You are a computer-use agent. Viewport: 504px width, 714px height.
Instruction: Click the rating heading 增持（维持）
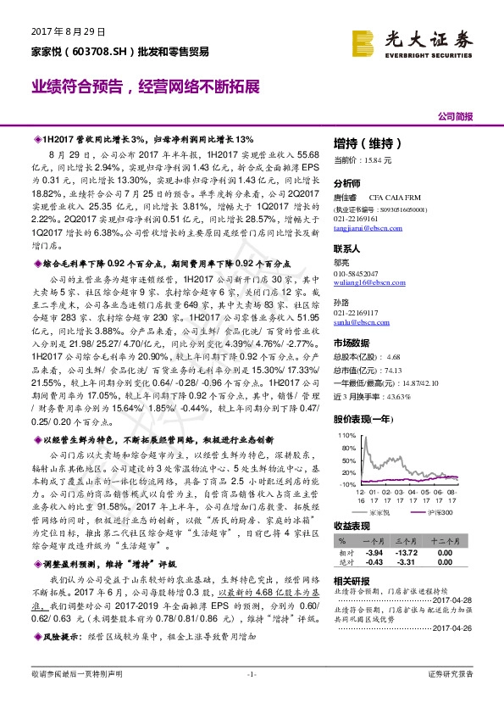(x=363, y=143)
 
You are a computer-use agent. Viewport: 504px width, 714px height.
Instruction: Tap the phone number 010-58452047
(x=358, y=273)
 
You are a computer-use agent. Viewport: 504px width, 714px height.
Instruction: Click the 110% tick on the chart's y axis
(x=346, y=434)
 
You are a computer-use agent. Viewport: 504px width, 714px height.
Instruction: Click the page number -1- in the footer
(x=252, y=697)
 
